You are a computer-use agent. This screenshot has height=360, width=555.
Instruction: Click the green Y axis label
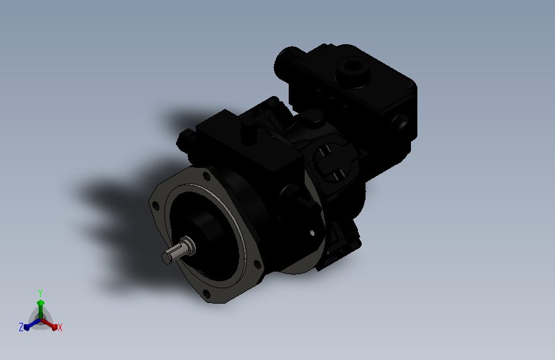40,293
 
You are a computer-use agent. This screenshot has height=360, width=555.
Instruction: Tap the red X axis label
60,328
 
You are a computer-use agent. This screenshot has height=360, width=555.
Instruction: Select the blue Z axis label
21,327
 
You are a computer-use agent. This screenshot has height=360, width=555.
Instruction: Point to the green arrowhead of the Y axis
40,303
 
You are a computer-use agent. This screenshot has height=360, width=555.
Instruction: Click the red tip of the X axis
54,327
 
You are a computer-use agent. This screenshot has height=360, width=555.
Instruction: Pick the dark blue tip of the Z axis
26,327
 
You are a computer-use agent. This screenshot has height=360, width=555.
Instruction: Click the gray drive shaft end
177,251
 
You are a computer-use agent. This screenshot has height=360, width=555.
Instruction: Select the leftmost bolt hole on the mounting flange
156,206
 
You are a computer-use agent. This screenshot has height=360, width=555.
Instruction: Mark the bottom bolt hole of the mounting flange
206,293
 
